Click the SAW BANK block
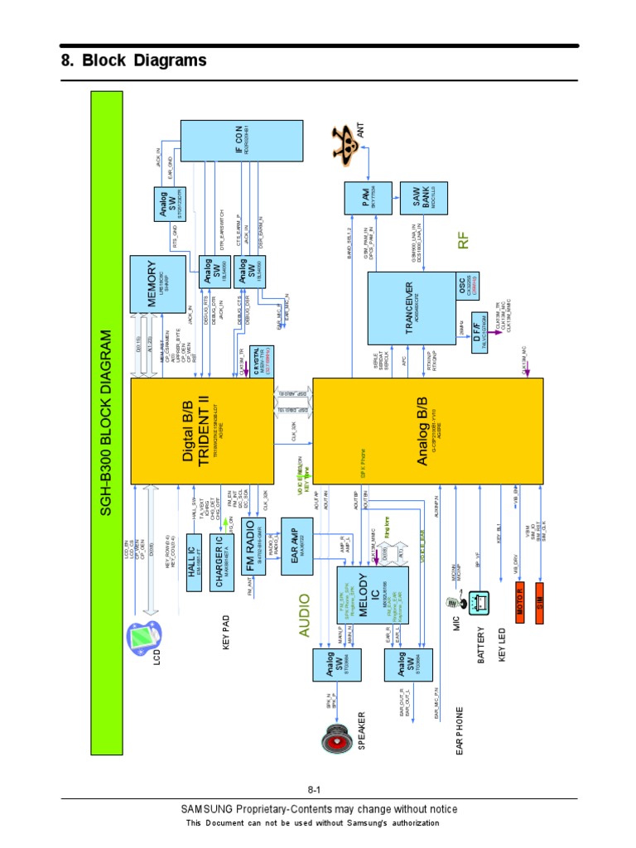point(423,199)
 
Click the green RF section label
point(465,241)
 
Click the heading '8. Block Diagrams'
point(133,61)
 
